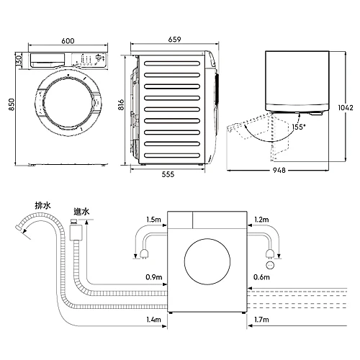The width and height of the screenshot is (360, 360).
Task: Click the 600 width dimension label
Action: click(x=68, y=41)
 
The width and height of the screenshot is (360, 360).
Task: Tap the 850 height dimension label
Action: click(x=12, y=104)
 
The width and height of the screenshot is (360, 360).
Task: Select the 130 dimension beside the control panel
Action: click(x=19, y=60)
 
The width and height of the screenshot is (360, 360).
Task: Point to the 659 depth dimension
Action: click(x=174, y=40)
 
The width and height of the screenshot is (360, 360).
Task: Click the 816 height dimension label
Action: click(x=121, y=104)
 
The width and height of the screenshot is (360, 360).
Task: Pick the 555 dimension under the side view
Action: click(x=168, y=174)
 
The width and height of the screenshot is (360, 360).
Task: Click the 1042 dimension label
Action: click(x=346, y=107)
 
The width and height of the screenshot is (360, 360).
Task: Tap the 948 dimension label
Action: click(x=279, y=170)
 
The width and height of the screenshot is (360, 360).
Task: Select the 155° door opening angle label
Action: click(x=299, y=127)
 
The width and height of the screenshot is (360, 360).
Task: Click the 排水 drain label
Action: click(x=43, y=206)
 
